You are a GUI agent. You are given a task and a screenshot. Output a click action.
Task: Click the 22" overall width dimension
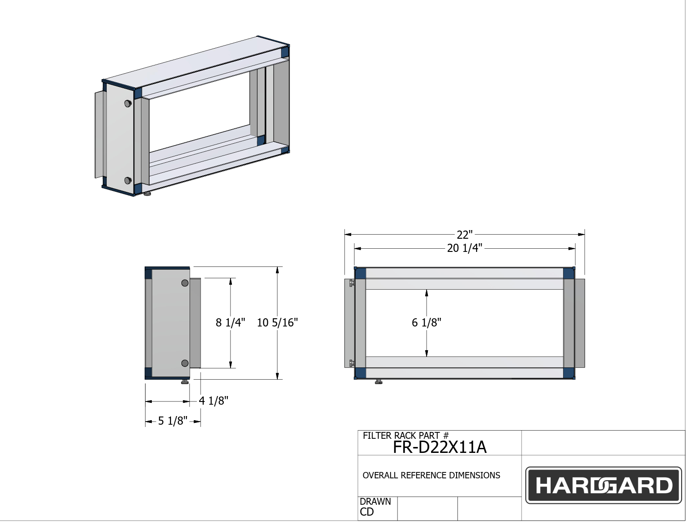[464, 235]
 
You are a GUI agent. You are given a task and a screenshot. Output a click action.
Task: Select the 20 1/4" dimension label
[464, 248]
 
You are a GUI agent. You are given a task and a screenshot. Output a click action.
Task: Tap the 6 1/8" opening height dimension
[426, 323]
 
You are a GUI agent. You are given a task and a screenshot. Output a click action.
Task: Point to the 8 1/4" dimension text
[230, 323]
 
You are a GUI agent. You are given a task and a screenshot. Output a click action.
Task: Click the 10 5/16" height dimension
[277, 323]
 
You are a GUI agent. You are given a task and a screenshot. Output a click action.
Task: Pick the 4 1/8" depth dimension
[213, 401]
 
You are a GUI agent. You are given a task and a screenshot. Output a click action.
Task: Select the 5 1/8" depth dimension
[172, 421]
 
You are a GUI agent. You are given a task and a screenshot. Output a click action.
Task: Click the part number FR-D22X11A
[439, 447]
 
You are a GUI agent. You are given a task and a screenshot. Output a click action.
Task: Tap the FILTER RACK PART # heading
[405, 436]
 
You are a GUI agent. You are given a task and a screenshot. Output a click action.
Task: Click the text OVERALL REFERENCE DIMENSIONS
[431, 476]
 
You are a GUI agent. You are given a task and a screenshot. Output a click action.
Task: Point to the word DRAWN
[375, 502]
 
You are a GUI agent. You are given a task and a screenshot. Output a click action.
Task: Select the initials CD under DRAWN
[367, 512]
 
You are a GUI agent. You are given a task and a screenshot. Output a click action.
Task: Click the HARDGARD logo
[603, 485]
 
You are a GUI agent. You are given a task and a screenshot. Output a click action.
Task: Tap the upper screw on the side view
[185, 283]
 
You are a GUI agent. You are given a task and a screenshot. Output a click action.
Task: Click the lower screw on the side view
[185, 363]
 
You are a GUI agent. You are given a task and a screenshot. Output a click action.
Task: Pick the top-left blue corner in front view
[360, 274]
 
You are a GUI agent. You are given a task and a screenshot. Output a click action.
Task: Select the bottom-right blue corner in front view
[568, 373]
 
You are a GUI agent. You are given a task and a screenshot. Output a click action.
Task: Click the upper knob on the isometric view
[128, 104]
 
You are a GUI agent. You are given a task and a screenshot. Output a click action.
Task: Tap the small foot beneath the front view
[378, 382]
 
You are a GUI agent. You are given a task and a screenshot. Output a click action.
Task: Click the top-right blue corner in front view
[568, 274]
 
